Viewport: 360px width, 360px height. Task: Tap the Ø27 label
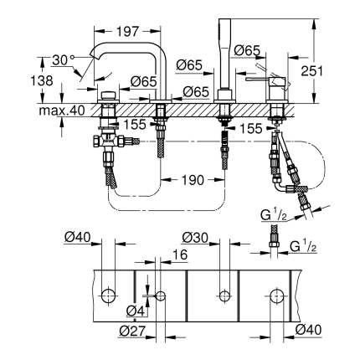(132, 330)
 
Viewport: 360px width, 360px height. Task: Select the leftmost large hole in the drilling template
(108, 296)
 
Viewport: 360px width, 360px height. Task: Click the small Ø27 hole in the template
(161, 296)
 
